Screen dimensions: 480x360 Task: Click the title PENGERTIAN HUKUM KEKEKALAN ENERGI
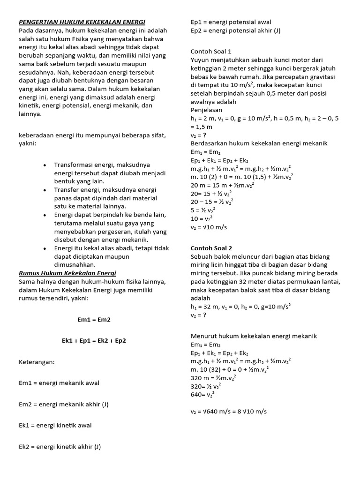click(82, 22)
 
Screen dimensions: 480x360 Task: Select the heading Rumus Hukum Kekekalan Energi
click(67, 273)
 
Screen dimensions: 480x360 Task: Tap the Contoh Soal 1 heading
click(211, 52)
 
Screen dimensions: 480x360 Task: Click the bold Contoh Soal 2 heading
click(211, 248)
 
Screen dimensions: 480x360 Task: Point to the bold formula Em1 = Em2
click(94, 320)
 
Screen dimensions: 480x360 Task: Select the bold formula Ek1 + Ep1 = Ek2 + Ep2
click(94, 341)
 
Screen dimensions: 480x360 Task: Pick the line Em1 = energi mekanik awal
click(59, 383)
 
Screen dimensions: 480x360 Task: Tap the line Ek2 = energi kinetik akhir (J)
click(60, 447)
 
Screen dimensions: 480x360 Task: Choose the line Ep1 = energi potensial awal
click(231, 22)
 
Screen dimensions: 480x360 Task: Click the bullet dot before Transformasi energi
click(44, 165)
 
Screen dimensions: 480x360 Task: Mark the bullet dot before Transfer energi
click(44, 190)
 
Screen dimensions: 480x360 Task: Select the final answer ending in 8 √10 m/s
click(229, 412)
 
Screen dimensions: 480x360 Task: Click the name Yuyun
click(200, 60)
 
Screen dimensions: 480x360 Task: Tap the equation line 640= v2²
click(202, 395)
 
